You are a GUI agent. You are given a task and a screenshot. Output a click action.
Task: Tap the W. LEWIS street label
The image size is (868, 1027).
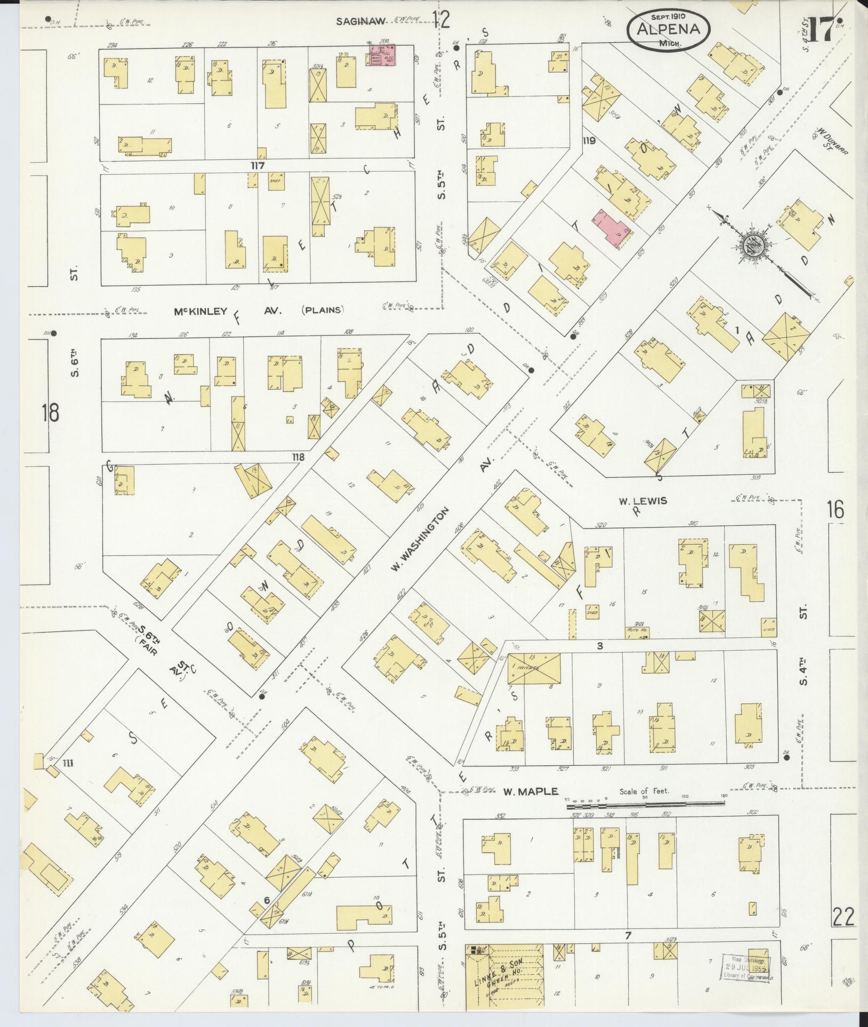(643, 501)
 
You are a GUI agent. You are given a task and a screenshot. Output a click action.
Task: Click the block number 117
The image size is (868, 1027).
(258, 166)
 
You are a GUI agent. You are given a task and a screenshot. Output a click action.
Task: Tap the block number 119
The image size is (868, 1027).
(589, 141)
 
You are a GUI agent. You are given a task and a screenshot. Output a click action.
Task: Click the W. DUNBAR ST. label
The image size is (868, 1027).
(824, 141)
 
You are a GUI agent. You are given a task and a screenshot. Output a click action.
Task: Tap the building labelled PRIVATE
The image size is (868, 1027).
(534, 668)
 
